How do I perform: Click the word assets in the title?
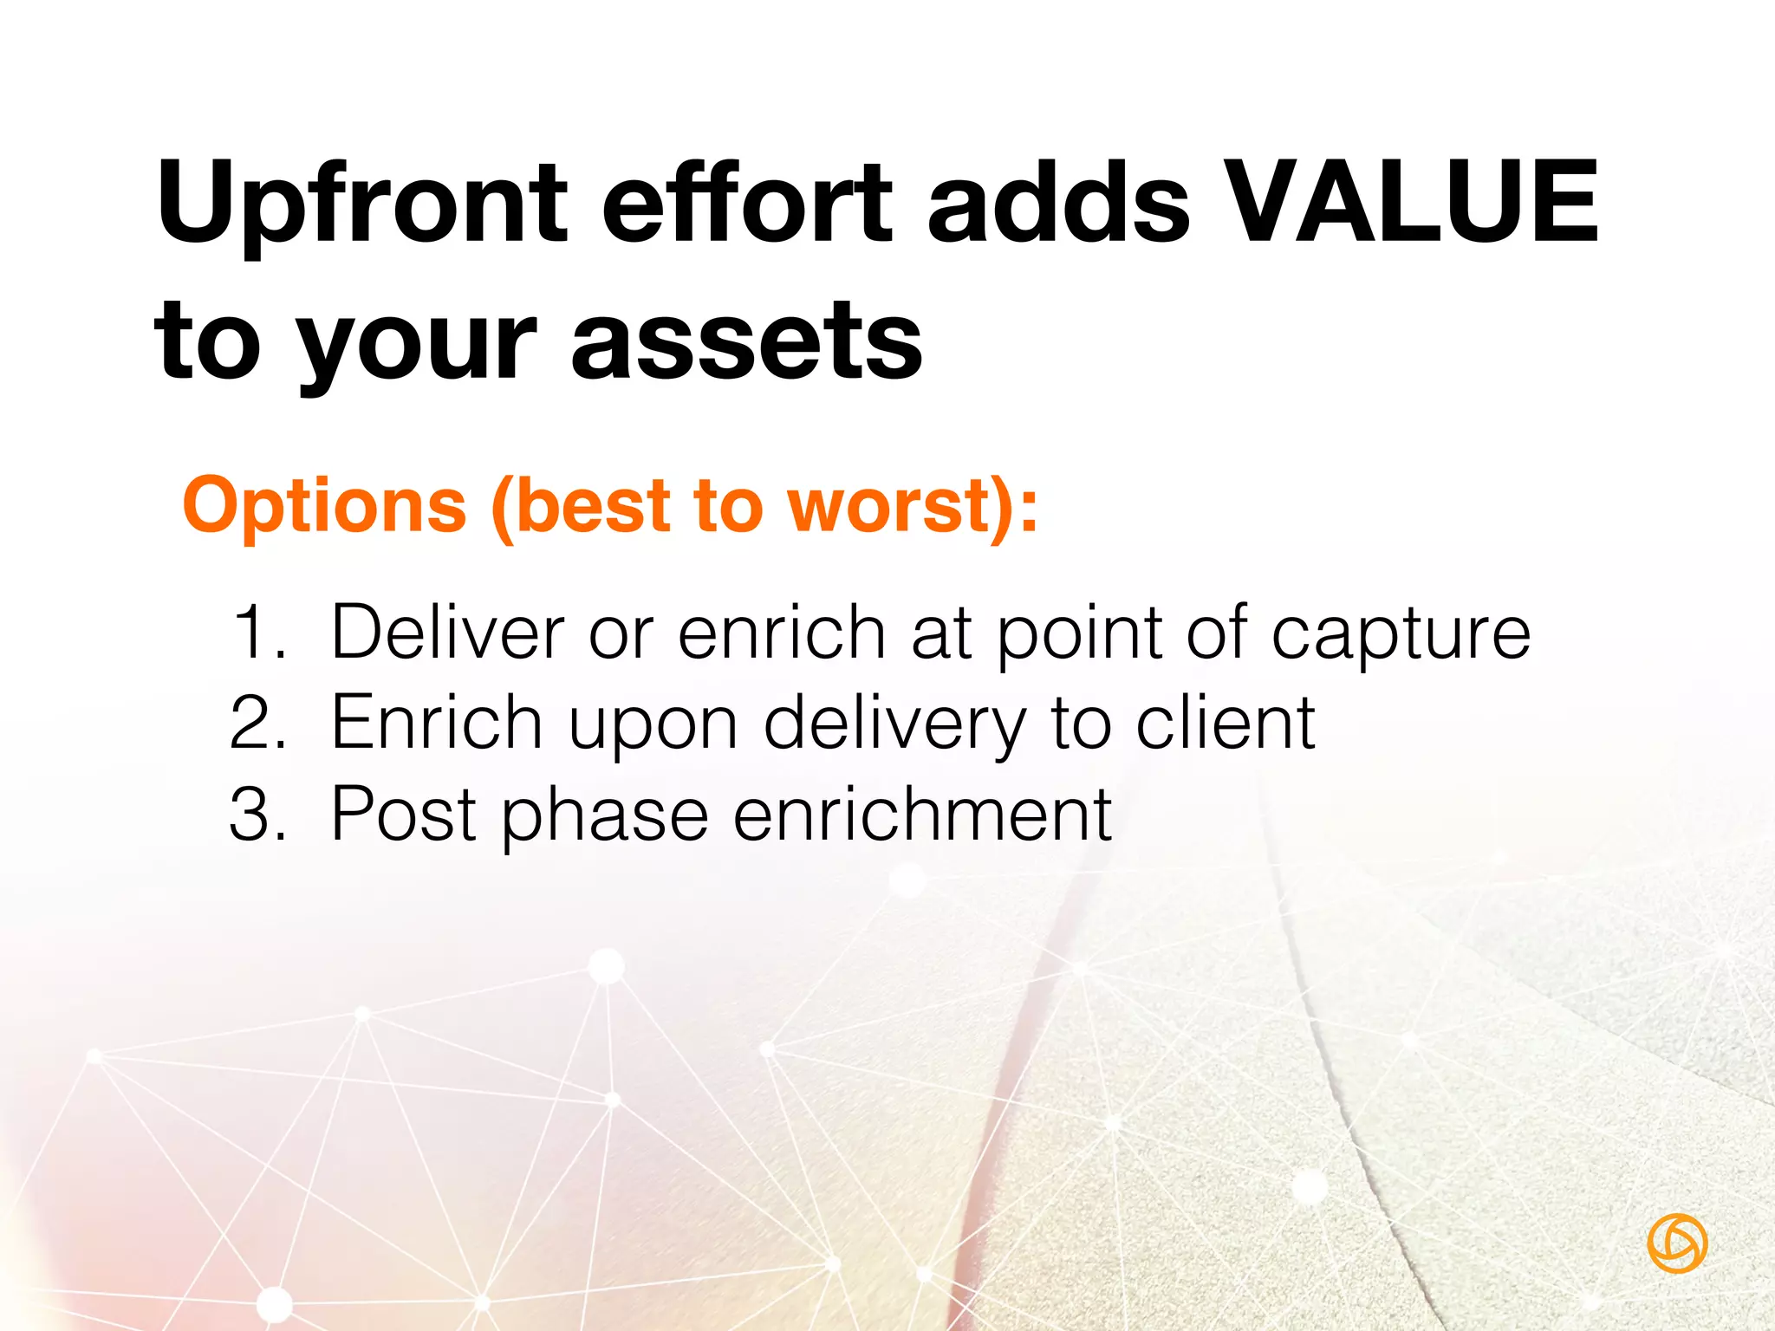[746, 342]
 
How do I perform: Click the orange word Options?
[324, 507]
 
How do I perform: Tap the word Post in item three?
[404, 815]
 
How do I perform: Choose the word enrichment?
[922, 815]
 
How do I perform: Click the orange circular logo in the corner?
[1677, 1243]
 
